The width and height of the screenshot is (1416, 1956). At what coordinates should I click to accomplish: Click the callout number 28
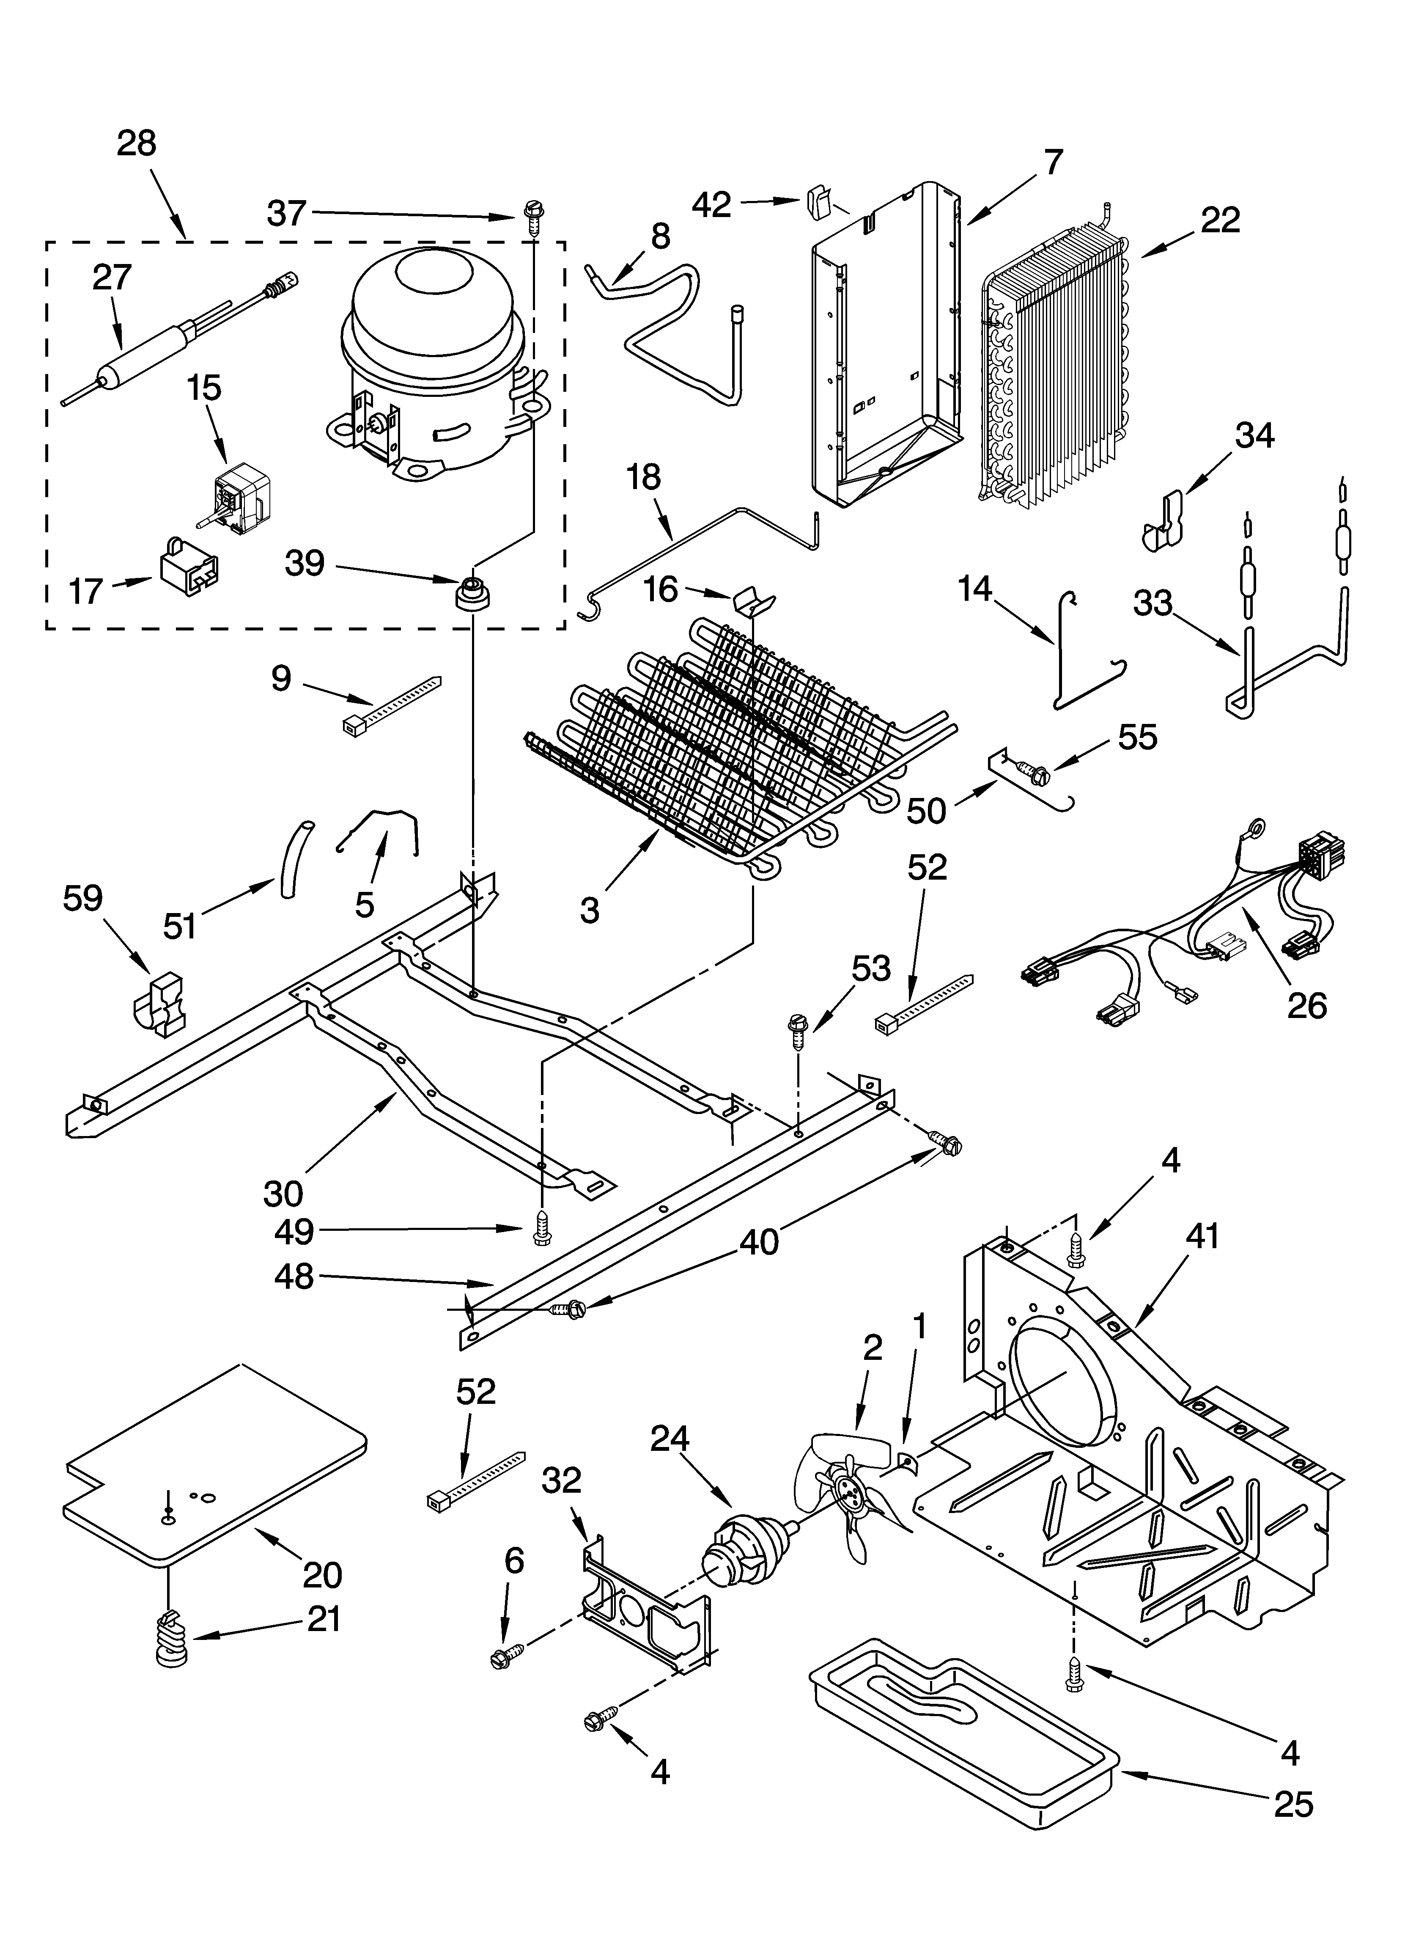[136, 143]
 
